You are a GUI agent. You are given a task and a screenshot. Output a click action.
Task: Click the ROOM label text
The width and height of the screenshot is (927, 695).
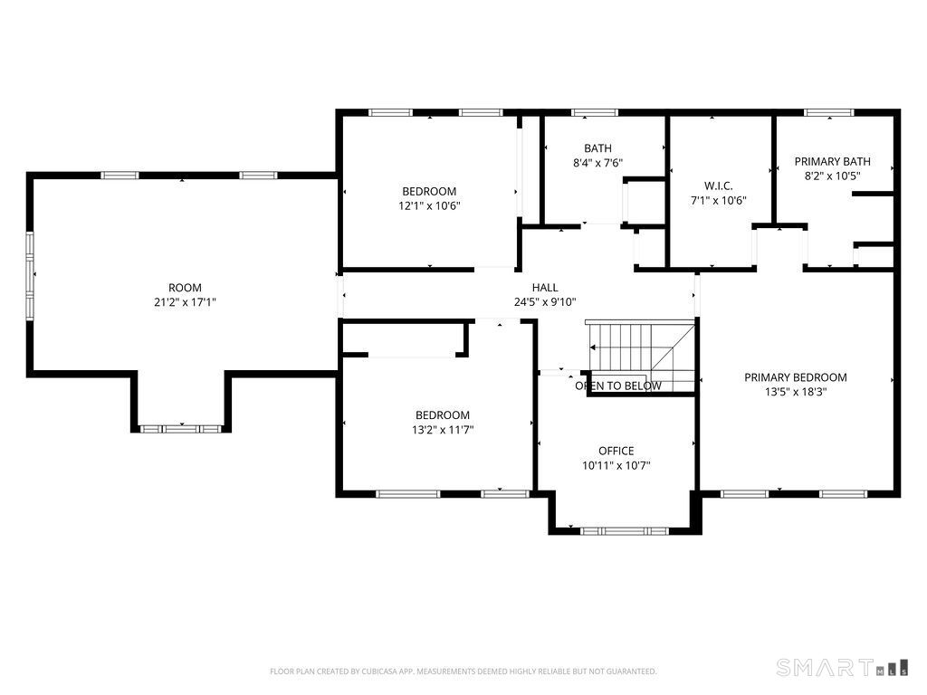pos(185,288)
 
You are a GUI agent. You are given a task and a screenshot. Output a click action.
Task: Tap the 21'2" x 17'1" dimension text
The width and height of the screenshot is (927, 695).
pos(185,302)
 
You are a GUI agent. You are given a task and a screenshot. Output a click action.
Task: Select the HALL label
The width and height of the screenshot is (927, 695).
pos(544,288)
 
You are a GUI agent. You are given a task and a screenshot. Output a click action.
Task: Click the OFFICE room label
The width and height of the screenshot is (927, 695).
pos(616,451)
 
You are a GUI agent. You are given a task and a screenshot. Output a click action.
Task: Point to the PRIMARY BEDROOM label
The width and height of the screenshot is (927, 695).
pos(795,377)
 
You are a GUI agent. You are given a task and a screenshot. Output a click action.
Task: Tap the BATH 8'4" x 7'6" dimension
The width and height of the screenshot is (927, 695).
pos(597,163)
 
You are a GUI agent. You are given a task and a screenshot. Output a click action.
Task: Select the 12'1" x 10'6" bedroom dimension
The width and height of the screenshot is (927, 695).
pos(429,205)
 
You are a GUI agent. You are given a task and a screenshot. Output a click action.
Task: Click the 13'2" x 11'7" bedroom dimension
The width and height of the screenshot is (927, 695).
pos(443,430)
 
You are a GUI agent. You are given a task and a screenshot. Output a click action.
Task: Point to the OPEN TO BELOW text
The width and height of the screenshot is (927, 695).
pos(618,386)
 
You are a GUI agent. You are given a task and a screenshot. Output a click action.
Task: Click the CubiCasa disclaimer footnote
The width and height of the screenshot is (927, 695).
pos(463,671)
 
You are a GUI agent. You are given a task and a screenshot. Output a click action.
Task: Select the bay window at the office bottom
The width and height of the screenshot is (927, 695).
pos(624,530)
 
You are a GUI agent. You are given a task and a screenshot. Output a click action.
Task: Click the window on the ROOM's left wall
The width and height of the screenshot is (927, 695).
pos(29,275)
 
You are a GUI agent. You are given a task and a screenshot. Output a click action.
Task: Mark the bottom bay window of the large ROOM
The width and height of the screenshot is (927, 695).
pos(181,427)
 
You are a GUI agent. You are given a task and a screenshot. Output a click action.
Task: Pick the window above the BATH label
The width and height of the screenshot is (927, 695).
pos(594,112)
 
